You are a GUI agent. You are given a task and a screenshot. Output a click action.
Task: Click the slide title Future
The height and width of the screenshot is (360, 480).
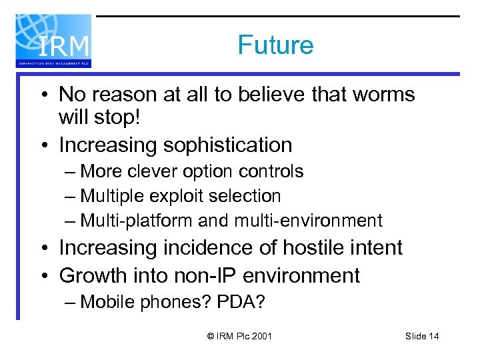(275, 45)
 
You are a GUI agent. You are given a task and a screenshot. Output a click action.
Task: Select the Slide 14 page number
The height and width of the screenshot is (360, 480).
(421, 336)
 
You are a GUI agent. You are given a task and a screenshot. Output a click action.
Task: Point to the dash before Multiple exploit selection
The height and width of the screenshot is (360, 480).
(71, 197)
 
